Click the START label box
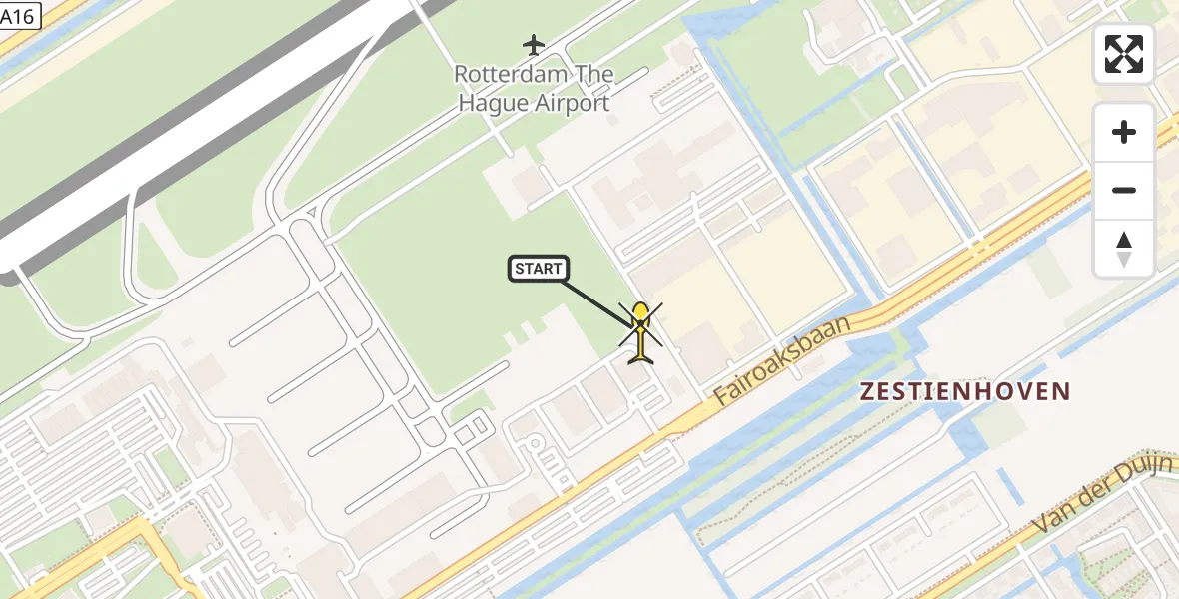(539, 268)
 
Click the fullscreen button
(1124, 54)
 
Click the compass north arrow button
(1124, 249)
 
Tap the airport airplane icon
(534, 45)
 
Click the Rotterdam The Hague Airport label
(534, 89)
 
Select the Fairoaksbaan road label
(785, 360)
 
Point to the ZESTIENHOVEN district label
(965, 391)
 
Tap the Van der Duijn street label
(1103, 496)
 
